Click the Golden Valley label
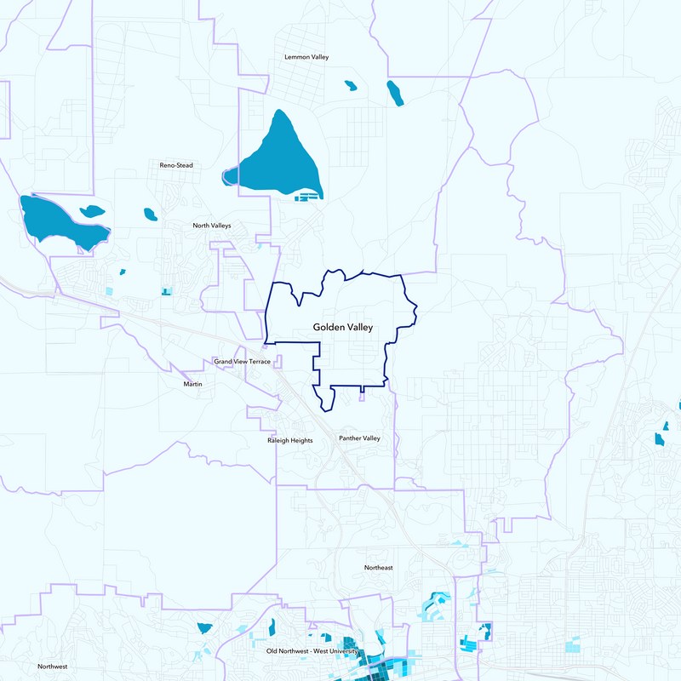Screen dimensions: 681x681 tap(342, 327)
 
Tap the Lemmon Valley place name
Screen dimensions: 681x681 tap(306, 57)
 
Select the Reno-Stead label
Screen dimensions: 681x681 tap(176, 165)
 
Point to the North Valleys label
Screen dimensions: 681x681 tap(212, 226)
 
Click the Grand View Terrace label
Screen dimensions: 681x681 tap(242, 362)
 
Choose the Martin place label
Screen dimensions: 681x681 tap(193, 384)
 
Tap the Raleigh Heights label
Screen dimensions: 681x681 tap(291, 441)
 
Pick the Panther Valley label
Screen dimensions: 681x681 tap(359, 438)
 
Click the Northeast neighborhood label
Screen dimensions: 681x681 tap(378, 568)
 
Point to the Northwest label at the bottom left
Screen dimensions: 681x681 tap(53, 667)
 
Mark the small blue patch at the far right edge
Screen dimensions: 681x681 tap(659, 438)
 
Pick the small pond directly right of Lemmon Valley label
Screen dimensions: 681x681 tap(349, 85)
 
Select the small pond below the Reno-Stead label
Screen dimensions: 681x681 tap(150, 214)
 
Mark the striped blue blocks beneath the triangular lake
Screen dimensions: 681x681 tap(309, 196)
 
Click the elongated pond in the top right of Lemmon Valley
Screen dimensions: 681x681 tap(395, 93)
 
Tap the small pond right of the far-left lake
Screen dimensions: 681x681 tap(91, 210)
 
